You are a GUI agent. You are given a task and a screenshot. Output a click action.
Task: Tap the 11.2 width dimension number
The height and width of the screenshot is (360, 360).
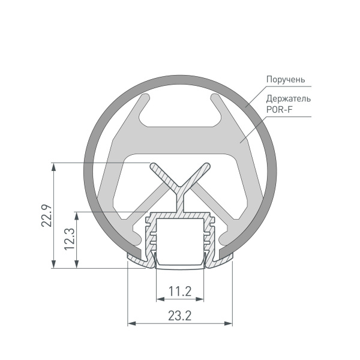pyautogui.click(x=179, y=292)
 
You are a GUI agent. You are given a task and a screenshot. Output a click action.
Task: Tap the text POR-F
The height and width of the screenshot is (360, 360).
pyautogui.click(x=279, y=109)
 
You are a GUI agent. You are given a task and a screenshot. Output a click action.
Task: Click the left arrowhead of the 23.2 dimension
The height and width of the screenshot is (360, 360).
pyautogui.click(x=131, y=324)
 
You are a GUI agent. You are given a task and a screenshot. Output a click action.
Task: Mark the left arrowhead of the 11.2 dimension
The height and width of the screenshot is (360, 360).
pyautogui.click(x=159, y=299)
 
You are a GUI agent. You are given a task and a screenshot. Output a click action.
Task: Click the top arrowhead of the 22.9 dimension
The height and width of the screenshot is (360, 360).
pyautogui.click(x=55, y=166)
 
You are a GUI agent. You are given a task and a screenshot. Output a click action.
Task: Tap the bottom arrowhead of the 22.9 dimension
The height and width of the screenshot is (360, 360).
pyautogui.click(x=55, y=265)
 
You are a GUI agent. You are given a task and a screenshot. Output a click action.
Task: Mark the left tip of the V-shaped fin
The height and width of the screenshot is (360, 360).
pyautogui.click(x=154, y=166)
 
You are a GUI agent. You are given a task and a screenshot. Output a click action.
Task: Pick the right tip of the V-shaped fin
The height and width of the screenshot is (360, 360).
pyautogui.click(x=208, y=166)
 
